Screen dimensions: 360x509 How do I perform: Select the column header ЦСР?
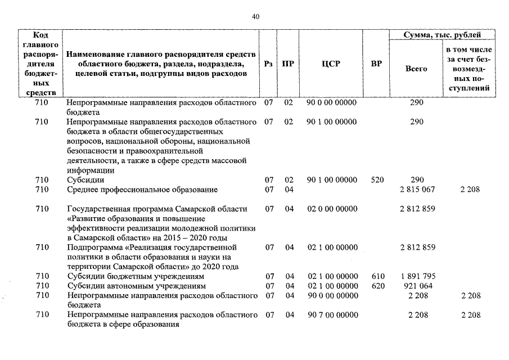pyautogui.click(x=331, y=64)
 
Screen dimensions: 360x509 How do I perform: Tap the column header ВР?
pyautogui.click(x=377, y=64)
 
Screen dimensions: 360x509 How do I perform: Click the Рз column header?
pyautogui.click(x=269, y=64)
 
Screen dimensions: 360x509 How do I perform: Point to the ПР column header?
pyautogui.click(x=287, y=64)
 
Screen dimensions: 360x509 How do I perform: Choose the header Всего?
pyautogui.click(x=416, y=69)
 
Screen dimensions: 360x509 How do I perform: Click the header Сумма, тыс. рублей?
pyautogui.click(x=443, y=35)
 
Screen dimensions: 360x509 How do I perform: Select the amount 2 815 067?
pyautogui.click(x=417, y=190)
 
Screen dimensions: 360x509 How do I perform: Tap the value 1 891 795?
pyautogui.click(x=417, y=277)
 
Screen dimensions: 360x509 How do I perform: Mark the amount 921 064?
pyautogui.click(x=417, y=286)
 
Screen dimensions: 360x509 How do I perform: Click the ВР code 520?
pyautogui.click(x=377, y=180)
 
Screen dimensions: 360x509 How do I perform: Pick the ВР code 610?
pyautogui.click(x=377, y=277)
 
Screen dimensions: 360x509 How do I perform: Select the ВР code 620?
pyautogui.click(x=377, y=286)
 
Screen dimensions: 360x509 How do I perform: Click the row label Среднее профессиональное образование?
pyautogui.click(x=142, y=190)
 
